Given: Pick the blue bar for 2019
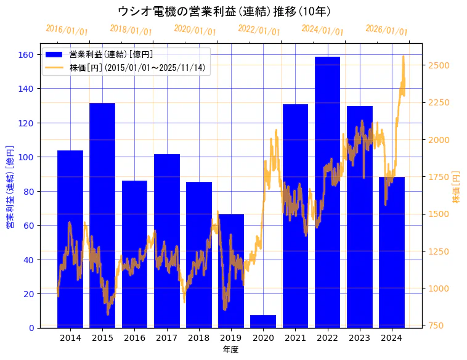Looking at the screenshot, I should [x=231, y=271].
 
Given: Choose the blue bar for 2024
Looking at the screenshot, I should [x=392, y=252].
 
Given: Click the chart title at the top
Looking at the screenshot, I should [x=224, y=11].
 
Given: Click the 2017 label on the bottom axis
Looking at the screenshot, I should [x=166, y=338].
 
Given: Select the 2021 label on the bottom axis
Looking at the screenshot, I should [x=295, y=338].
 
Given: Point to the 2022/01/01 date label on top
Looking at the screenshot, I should [x=259, y=30].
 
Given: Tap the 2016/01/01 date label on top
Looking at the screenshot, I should [x=67, y=30].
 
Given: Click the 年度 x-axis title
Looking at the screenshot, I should [x=230, y=350].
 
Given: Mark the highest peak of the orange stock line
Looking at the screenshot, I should [x=404, y=56].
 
